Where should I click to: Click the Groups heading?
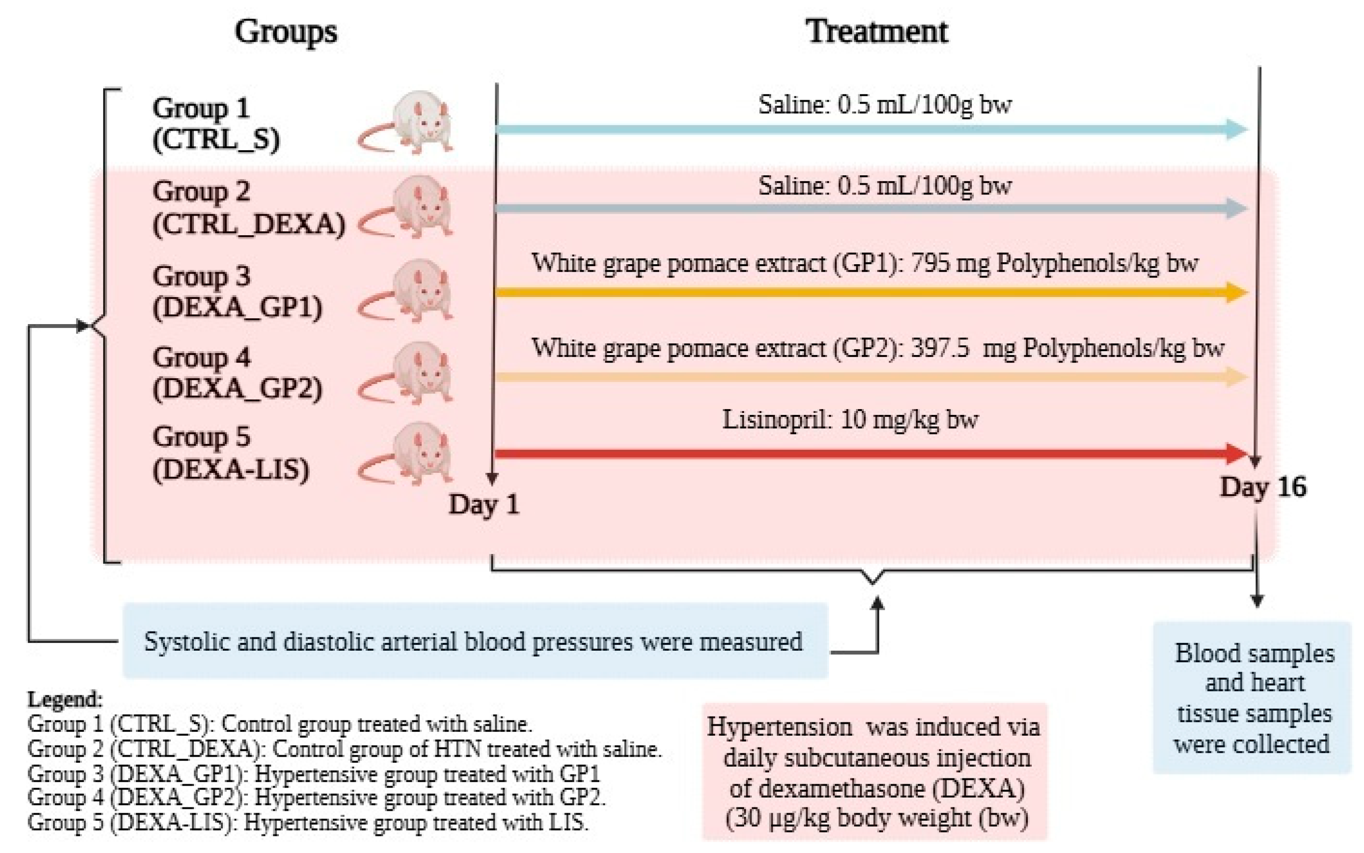[x=285, y=31]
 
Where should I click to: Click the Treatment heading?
[x=877, y=31]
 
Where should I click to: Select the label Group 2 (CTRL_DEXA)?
[x=248, y=208]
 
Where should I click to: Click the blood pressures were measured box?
[x=474, y=641]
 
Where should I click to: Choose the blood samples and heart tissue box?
[x=1253, y=698]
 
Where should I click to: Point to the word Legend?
[x=65, y=700]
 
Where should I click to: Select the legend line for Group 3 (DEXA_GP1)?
[x=314, y=774]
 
